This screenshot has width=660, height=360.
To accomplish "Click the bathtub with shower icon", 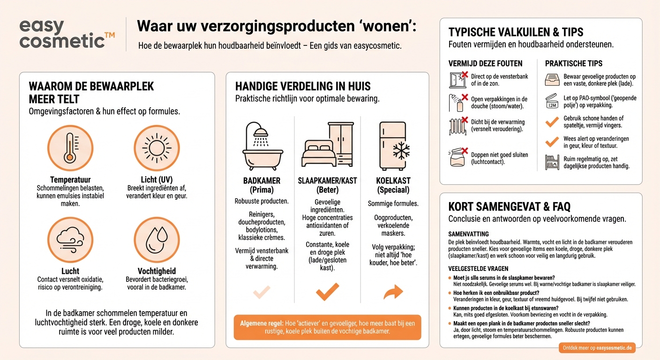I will tap(262, 146).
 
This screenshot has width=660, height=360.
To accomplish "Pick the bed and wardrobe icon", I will tap(327, 145).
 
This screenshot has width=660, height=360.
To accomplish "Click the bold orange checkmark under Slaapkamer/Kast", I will tap(327, 292).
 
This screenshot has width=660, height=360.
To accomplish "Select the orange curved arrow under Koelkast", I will tap(393, 292).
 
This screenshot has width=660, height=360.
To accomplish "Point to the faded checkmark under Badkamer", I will tap(262, 292).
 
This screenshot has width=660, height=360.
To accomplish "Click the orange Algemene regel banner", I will tap(327, 327).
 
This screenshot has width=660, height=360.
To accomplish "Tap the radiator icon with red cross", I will tap(458, 126).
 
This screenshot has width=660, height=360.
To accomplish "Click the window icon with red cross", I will tap(458, 80).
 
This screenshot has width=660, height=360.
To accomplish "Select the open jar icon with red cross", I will tap(458, 157).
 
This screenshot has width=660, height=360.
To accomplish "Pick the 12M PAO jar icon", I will tap(552, 101).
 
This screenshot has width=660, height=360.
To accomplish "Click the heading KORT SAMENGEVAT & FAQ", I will tap(510, 207).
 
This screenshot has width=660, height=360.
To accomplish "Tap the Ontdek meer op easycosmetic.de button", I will tap(597, 347).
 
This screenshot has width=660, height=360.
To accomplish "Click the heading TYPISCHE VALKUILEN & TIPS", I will tap(516, 32).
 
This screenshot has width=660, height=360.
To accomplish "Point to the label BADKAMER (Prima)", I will tap(262, 185).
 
